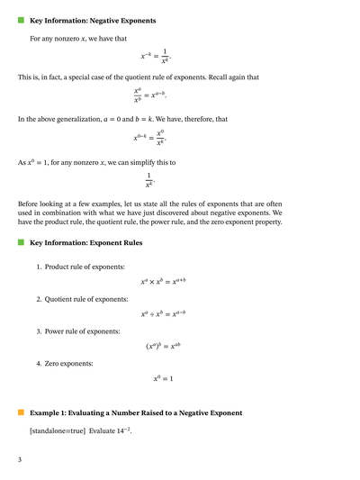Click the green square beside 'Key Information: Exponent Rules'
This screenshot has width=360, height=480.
[21, 243]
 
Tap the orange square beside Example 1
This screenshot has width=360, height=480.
[21, 412]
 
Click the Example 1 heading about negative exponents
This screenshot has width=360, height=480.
[136, 412]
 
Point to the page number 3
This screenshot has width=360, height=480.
[20, 459]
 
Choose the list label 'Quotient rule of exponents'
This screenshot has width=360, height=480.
[86, 299]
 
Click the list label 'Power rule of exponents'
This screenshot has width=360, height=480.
[82, 331]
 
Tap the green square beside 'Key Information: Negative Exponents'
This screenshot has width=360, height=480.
[21, 20]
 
